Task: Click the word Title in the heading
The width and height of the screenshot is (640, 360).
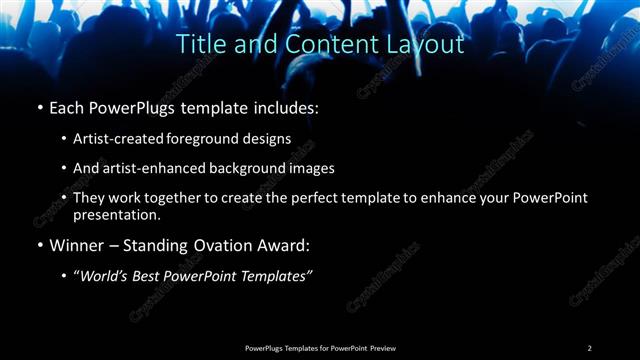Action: tap(200, 45)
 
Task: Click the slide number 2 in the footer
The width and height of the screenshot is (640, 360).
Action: tap(589, 348)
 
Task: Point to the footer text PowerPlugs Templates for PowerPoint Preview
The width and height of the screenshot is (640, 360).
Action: tap(320, 348)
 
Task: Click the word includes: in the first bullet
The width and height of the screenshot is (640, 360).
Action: tap(285, 108)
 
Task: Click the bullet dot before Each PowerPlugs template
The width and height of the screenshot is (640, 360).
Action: tap(39, 108)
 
